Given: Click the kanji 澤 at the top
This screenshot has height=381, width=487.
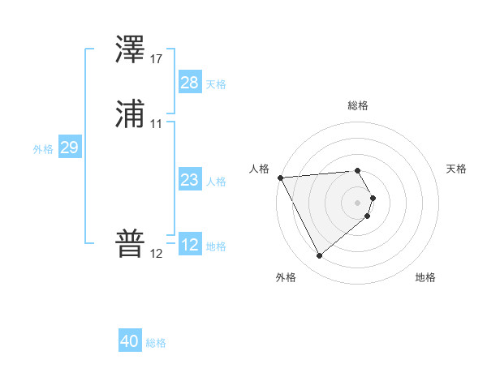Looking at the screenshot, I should (x=130, y=50).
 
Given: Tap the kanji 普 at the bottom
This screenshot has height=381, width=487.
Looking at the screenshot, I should (x=130, y=244).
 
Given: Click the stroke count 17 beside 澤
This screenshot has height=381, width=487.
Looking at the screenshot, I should (x=156, y=59).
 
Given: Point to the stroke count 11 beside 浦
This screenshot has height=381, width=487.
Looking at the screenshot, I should (x=156, y=124).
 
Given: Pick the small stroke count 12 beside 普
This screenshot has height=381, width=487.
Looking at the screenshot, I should (x=156, y=254).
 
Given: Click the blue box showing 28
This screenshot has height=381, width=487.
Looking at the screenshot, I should (x=190, y=83).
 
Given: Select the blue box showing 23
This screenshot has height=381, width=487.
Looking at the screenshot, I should (x=190, y=180).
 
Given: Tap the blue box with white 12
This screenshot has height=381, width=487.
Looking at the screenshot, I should (x=190, y=245).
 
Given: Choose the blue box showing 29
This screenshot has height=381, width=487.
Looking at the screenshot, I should (x=69, y=148).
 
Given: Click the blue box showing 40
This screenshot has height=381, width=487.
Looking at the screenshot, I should (x=130, y=341).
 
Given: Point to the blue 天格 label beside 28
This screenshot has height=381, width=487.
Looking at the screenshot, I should (x=216, y=84).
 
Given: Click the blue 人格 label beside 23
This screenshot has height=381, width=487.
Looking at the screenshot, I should (x=216, y=182).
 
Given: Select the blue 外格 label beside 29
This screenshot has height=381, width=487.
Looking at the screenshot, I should (x=43, y=149).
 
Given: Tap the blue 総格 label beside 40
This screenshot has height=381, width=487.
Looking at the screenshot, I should (x=156, y=343).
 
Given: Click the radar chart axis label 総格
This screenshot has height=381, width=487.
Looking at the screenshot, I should (x=358, y=105).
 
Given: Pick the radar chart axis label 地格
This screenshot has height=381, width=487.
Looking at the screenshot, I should (x=425, y=277).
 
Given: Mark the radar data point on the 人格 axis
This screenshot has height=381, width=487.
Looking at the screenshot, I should (x=279, y=178).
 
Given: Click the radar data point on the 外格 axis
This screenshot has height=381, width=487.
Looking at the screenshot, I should (x=319, y=256).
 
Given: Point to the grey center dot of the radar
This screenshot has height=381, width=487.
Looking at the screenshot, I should (x=358, y=202).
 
